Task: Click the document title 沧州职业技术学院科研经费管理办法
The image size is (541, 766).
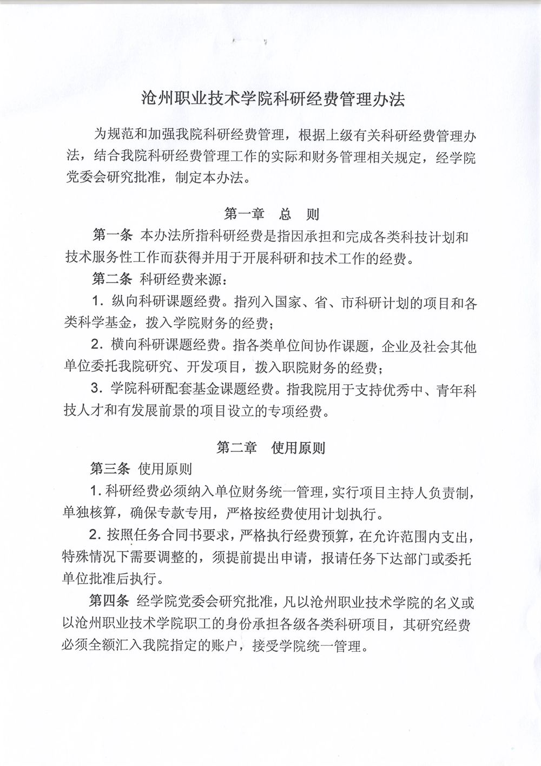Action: tap(272, 100)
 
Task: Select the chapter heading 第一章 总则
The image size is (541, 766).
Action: tap(272, 214)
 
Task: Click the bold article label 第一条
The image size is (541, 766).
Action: tap(113, 236)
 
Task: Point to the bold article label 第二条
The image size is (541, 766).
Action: tap(112, 279)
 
